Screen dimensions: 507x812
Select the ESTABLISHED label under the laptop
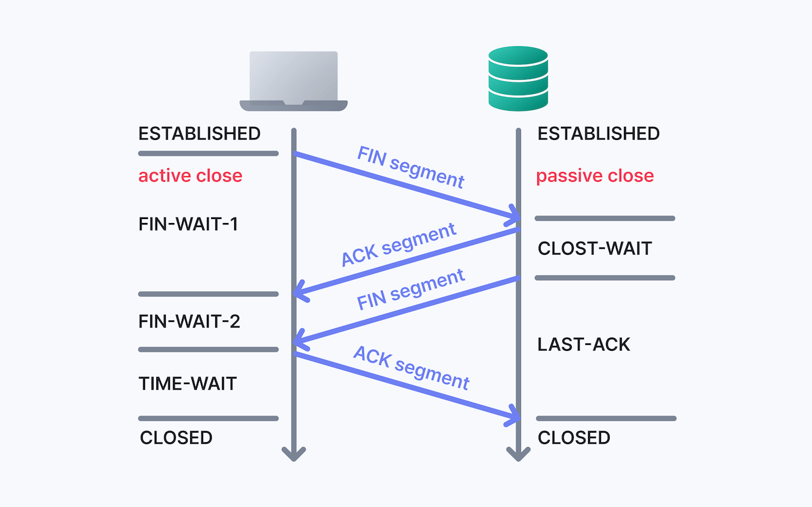click(200, 133)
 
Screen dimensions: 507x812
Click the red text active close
click(190, 176)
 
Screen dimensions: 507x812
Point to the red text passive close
click(595, 176)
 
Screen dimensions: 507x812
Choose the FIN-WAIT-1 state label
click(188, 224)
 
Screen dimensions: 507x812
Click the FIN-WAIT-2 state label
click(189, 321)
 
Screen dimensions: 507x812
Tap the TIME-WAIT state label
click(187, 384)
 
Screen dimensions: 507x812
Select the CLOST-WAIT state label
click(594, 248)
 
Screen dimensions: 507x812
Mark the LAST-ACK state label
click(583, 344)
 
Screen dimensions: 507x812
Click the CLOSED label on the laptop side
click(176, 438)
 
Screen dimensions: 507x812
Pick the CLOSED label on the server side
click(574, 438)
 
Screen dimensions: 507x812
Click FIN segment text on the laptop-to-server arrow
click(411, 167)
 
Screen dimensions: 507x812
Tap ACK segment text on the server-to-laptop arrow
click(399, 245)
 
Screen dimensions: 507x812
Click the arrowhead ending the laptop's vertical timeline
click(294, 454)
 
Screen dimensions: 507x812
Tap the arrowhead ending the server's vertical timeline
click(518, 454)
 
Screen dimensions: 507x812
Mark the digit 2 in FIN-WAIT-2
click(234, 321)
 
